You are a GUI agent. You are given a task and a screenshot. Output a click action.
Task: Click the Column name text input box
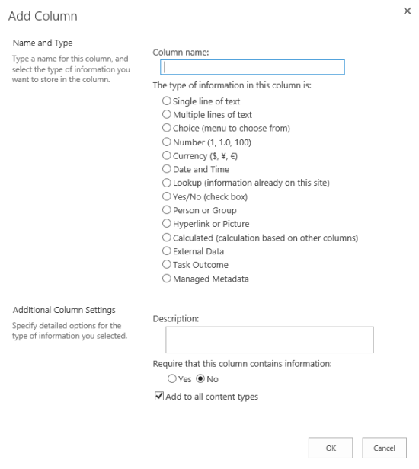[x=248, y=67]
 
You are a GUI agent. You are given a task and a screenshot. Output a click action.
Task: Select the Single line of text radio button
[x=167, y=101]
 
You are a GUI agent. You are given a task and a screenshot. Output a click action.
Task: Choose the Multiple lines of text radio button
[x=167, y=115]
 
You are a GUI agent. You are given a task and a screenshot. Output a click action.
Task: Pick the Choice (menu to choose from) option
[x=167, y=129]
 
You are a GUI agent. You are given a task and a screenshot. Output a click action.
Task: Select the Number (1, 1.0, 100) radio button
[x=167, y=142]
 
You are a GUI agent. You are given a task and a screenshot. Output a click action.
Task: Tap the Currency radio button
[x=167, y=156]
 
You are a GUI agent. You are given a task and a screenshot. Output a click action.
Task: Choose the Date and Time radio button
[x=167, y=170]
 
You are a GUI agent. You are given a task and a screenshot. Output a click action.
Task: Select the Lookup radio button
[x=167, y=183]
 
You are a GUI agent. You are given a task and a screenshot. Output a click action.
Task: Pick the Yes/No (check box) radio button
[x=167, y=197]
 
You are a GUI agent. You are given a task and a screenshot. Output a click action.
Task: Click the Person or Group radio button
[x=167, y=210]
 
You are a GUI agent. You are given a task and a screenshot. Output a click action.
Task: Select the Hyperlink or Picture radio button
[x=167, y=224]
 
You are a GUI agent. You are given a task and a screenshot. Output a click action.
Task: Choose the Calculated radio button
[x=167, y=238]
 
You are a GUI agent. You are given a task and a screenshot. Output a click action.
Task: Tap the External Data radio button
[x=167, y=251]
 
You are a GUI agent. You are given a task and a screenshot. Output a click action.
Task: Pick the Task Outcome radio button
[x=167, y=265]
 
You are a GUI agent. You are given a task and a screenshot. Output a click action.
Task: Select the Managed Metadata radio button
[x=167, y=279]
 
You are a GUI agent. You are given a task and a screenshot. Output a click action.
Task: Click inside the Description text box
[x=269, y=340]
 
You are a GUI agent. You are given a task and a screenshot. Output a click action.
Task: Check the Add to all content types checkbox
[x=159, y=397]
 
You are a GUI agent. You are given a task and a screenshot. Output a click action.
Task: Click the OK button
[x=331, y=448]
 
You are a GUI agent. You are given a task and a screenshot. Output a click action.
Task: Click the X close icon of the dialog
[x=406, y=12]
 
